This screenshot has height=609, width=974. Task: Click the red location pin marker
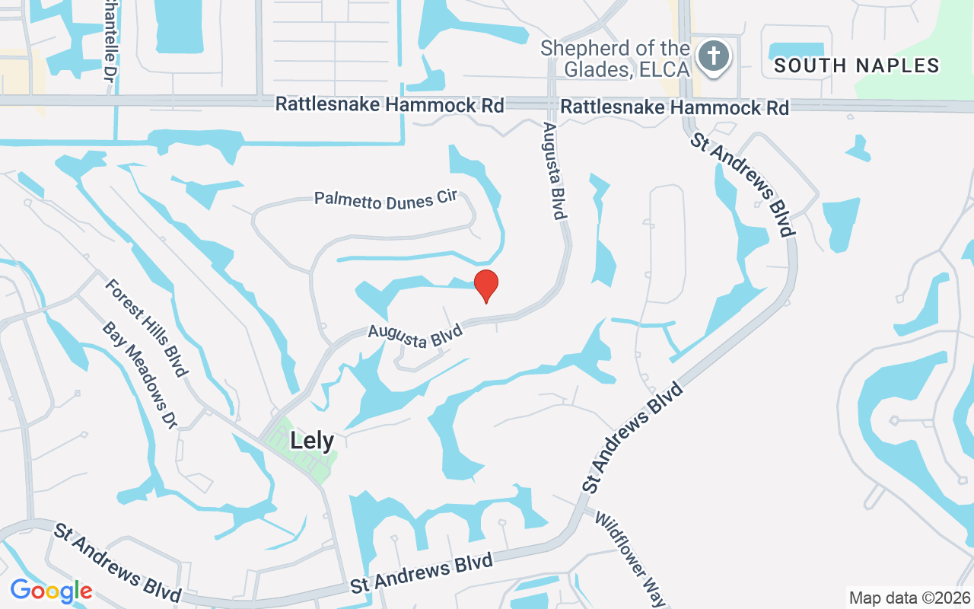tap(486, 285)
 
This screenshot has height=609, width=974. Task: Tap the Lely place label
tap(312, 440)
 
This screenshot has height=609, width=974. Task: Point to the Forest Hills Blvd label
tap(145, 327)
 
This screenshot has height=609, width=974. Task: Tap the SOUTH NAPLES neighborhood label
tap(857, 66)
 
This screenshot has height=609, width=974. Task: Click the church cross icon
tap(713, 56)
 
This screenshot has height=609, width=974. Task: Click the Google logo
tap(51, 591)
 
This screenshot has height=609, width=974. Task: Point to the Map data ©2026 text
tap(909, 598)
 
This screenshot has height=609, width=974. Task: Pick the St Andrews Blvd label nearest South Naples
tap(743, 185)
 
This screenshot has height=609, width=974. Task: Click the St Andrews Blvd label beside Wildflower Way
tap(632, 437)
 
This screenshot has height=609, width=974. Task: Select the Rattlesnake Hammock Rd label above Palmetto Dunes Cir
tap(390, 104)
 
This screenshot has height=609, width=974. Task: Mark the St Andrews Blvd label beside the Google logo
tap(117, 562)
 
